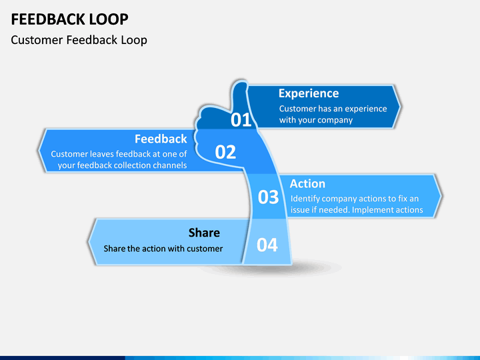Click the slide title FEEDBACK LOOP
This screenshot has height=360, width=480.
tap(69, 19)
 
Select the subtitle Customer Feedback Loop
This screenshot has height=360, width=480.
tap(79, 40)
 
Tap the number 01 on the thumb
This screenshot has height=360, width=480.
tap(241, 120)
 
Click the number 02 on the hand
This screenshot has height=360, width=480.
tap(225, 152)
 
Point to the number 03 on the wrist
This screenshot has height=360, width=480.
tap(268, 197)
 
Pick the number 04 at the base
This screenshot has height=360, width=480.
tap(267, 245)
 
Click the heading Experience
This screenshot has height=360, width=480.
tap(309, 93)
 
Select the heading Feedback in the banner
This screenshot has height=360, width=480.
tap(161, 139)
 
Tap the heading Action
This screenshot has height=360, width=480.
tap(307, 184)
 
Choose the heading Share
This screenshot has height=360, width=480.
tap(204, 233)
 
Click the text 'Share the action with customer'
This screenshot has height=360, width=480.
tap(163, 248)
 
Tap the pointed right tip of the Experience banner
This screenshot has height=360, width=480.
tap(401, 107)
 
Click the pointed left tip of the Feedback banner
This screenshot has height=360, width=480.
tap(39, 150)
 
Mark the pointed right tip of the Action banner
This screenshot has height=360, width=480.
tap(442, 196)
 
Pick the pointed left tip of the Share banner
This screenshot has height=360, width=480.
tap(89, 241)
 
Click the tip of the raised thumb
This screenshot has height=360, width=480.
tap(240, 81)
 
